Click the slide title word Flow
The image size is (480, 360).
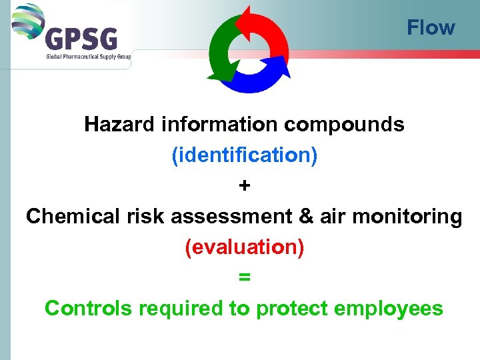pyautogui.click(x=431, y=28)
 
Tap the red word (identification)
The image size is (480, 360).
pyautogui.click(x=244, y=155)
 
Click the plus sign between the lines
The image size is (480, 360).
pyautogui.click(x=245, y=186)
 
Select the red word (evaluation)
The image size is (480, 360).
pyautogui.click(x=244, y=247)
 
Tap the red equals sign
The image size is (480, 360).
pyautogui.click(x=245, y=278)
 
